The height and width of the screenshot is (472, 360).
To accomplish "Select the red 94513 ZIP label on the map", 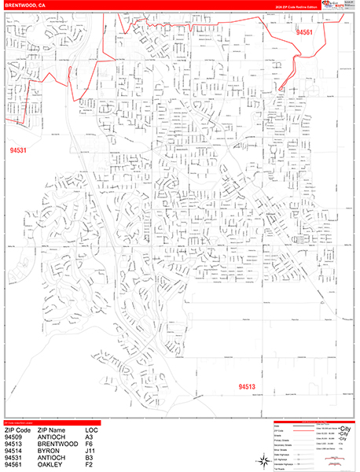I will tap(249, 386).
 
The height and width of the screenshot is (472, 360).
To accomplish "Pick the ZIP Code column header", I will tap(19, 431).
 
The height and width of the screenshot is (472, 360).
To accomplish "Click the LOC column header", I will tap(94, 431).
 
